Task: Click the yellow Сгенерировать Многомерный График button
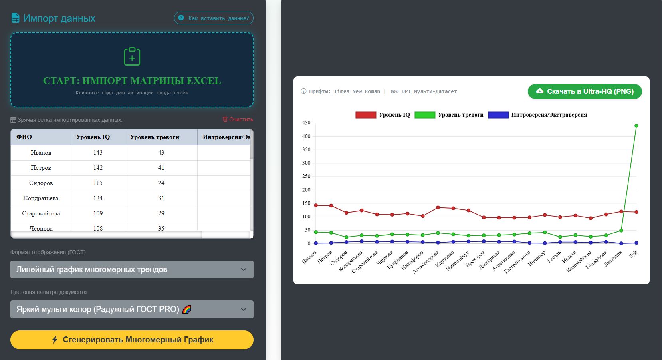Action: click(x=132, y=340)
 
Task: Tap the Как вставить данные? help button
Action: click(x=213, y=18)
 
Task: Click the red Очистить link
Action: click(x=238, y=119)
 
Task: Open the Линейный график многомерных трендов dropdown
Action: click(x=132, y=269)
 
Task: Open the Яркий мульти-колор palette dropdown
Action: click(x=132, y=309)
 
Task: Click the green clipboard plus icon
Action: click(x=132, y=56)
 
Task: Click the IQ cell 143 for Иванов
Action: click(x=98, y=153)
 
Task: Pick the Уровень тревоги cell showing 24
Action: click(x=161, y=183)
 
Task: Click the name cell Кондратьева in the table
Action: click(x=41, y=198)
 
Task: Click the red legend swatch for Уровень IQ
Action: click(x=366, y=115)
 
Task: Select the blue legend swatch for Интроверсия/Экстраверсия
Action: click(x=498, y=115)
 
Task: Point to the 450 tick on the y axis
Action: click(x=306, y=123)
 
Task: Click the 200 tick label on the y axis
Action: click(x=306, y=190)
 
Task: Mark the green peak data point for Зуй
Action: click(x=636, y=126)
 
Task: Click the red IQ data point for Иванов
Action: click(x=316, y=205)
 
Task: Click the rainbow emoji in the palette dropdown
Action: click(x=187, y=309)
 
